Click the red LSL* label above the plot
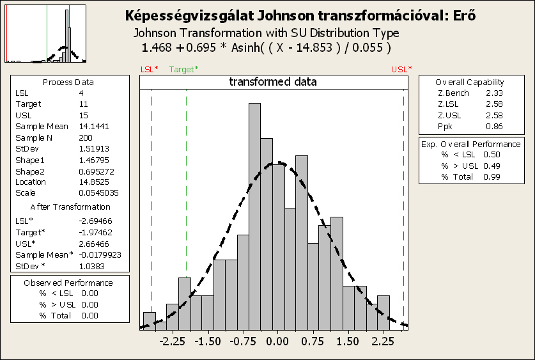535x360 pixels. [x=150, y=68]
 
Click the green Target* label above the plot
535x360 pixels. [x=184, y=68]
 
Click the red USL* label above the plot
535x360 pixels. [x=401, y=68]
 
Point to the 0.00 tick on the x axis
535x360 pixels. [x=276, y=341]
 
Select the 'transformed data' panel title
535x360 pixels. [x=273, y=82]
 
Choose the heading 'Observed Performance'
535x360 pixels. [x=68, y=283]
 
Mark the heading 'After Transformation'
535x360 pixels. [x=70, y=207]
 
